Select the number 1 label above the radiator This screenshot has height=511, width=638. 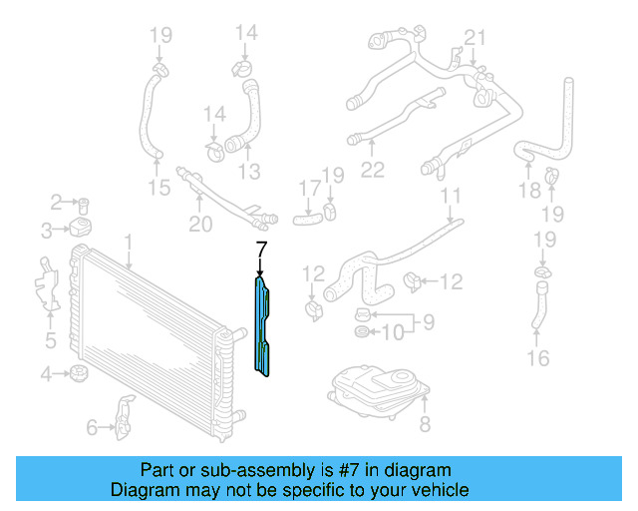(128, 242)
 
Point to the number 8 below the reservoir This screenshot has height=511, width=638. (424, 426)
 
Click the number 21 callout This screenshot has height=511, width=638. (475, 39)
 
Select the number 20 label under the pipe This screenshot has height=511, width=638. (200, 225)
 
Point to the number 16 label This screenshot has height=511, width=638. (537, 357)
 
